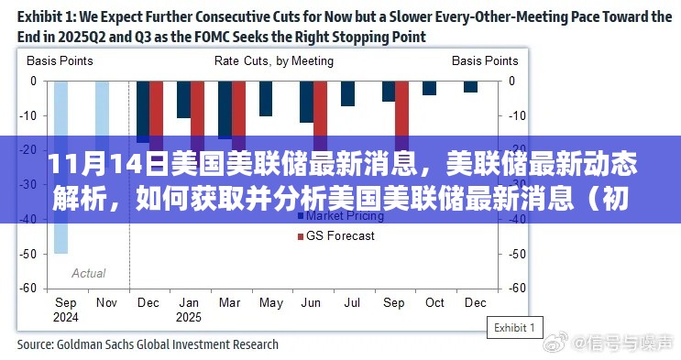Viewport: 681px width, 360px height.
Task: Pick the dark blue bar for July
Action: click(x=347, y=93)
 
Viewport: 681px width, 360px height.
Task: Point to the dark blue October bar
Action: click(x=429, y=88)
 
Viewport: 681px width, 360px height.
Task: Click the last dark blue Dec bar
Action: click(x=470, y=87)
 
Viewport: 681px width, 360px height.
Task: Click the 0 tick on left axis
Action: click(x=33, y=81)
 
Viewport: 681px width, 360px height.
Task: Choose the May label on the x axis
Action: click(x=271, y=302)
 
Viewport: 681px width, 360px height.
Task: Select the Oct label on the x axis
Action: click(x=434, y=302)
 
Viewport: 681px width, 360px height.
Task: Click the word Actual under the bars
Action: click(x=89, y=273)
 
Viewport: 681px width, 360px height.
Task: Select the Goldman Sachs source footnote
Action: click(x=148, y=345)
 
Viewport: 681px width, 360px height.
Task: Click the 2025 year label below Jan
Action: click(x=189, y=316)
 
